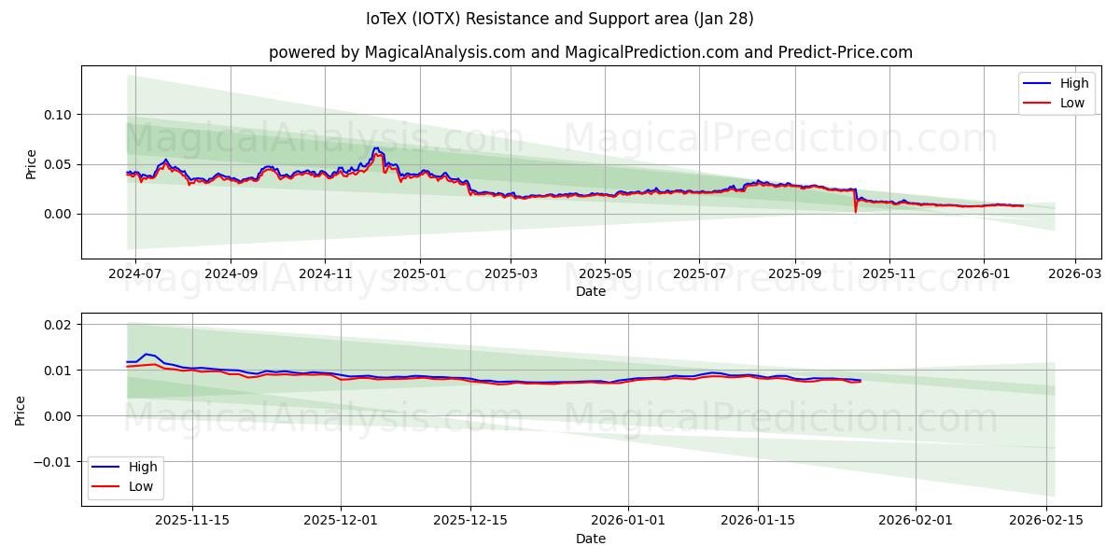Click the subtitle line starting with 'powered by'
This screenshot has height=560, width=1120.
tap(590, 52)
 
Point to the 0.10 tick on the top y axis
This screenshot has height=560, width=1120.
tap(58, 115)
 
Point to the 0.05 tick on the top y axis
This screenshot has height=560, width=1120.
tap(58, 164)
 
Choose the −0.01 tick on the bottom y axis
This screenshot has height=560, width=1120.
tap(51, 461)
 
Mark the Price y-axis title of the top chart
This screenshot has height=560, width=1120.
tap(31, 164)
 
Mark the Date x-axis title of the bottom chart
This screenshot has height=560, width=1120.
tap(590, 539)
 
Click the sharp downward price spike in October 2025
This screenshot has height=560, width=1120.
tap(856, 210)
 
